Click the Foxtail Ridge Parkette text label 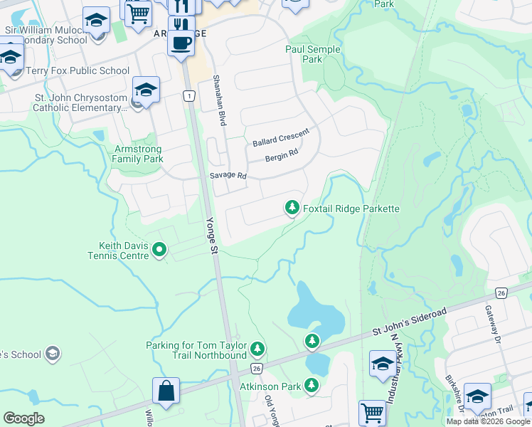pos(351,209)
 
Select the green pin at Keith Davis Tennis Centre pos(159,250)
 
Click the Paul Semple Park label pos(313,54)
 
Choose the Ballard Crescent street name pos(281,138)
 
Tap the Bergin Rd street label pos(282,157)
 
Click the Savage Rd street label pos(228,175)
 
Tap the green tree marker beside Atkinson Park pos(312,386)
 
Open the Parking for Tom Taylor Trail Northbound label pos(196,350)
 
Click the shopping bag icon pos(166,391)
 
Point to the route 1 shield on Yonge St pos(188,95)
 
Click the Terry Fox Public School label pos(78,71)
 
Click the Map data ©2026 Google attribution pos(488,421)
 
